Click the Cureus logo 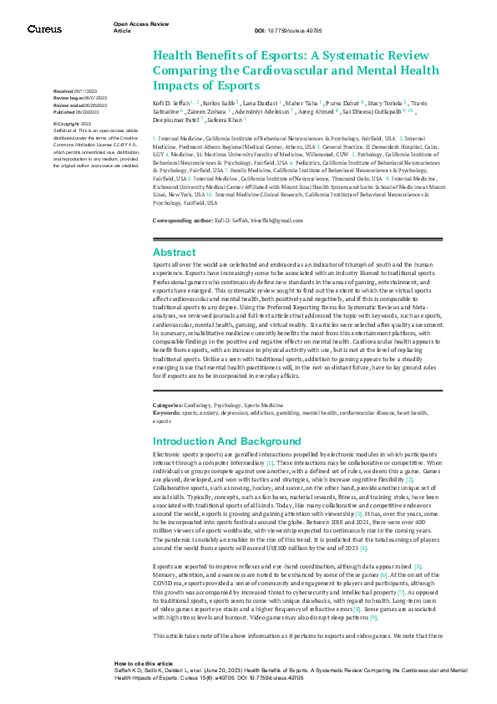(44, 29)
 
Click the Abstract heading (174, 253)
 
